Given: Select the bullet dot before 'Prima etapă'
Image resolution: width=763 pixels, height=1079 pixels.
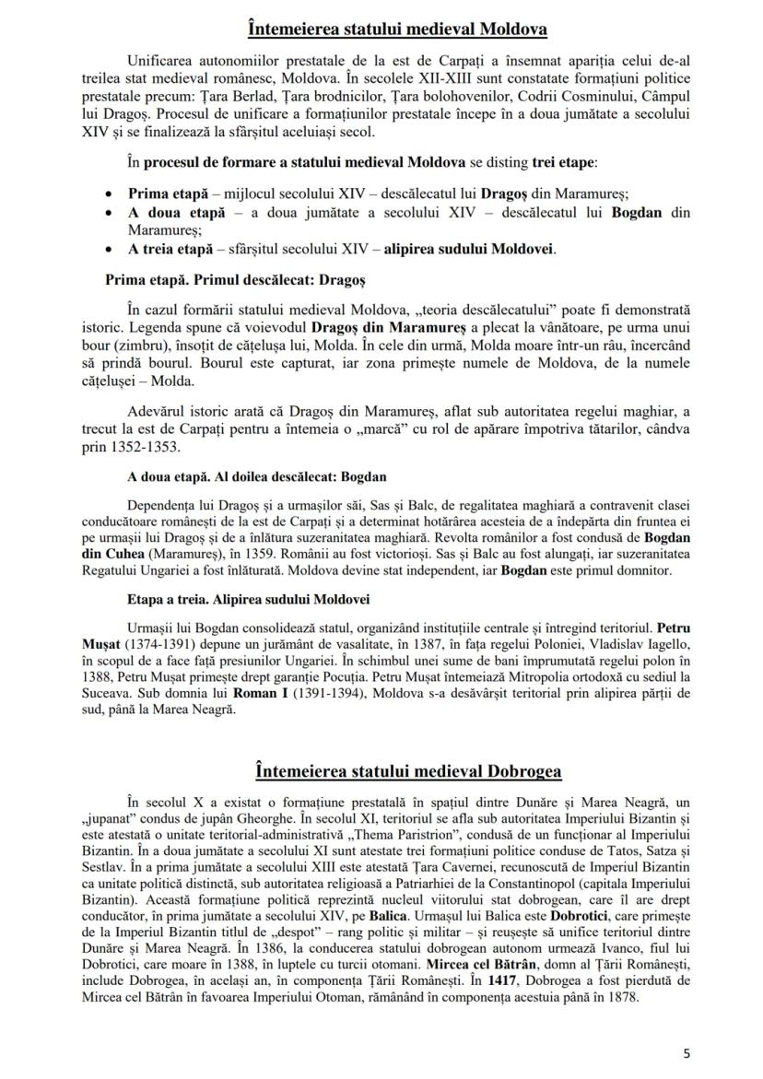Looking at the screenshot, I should click(111, 194).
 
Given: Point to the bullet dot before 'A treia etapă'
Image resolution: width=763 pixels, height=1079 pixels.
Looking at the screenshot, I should click(111, 247).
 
